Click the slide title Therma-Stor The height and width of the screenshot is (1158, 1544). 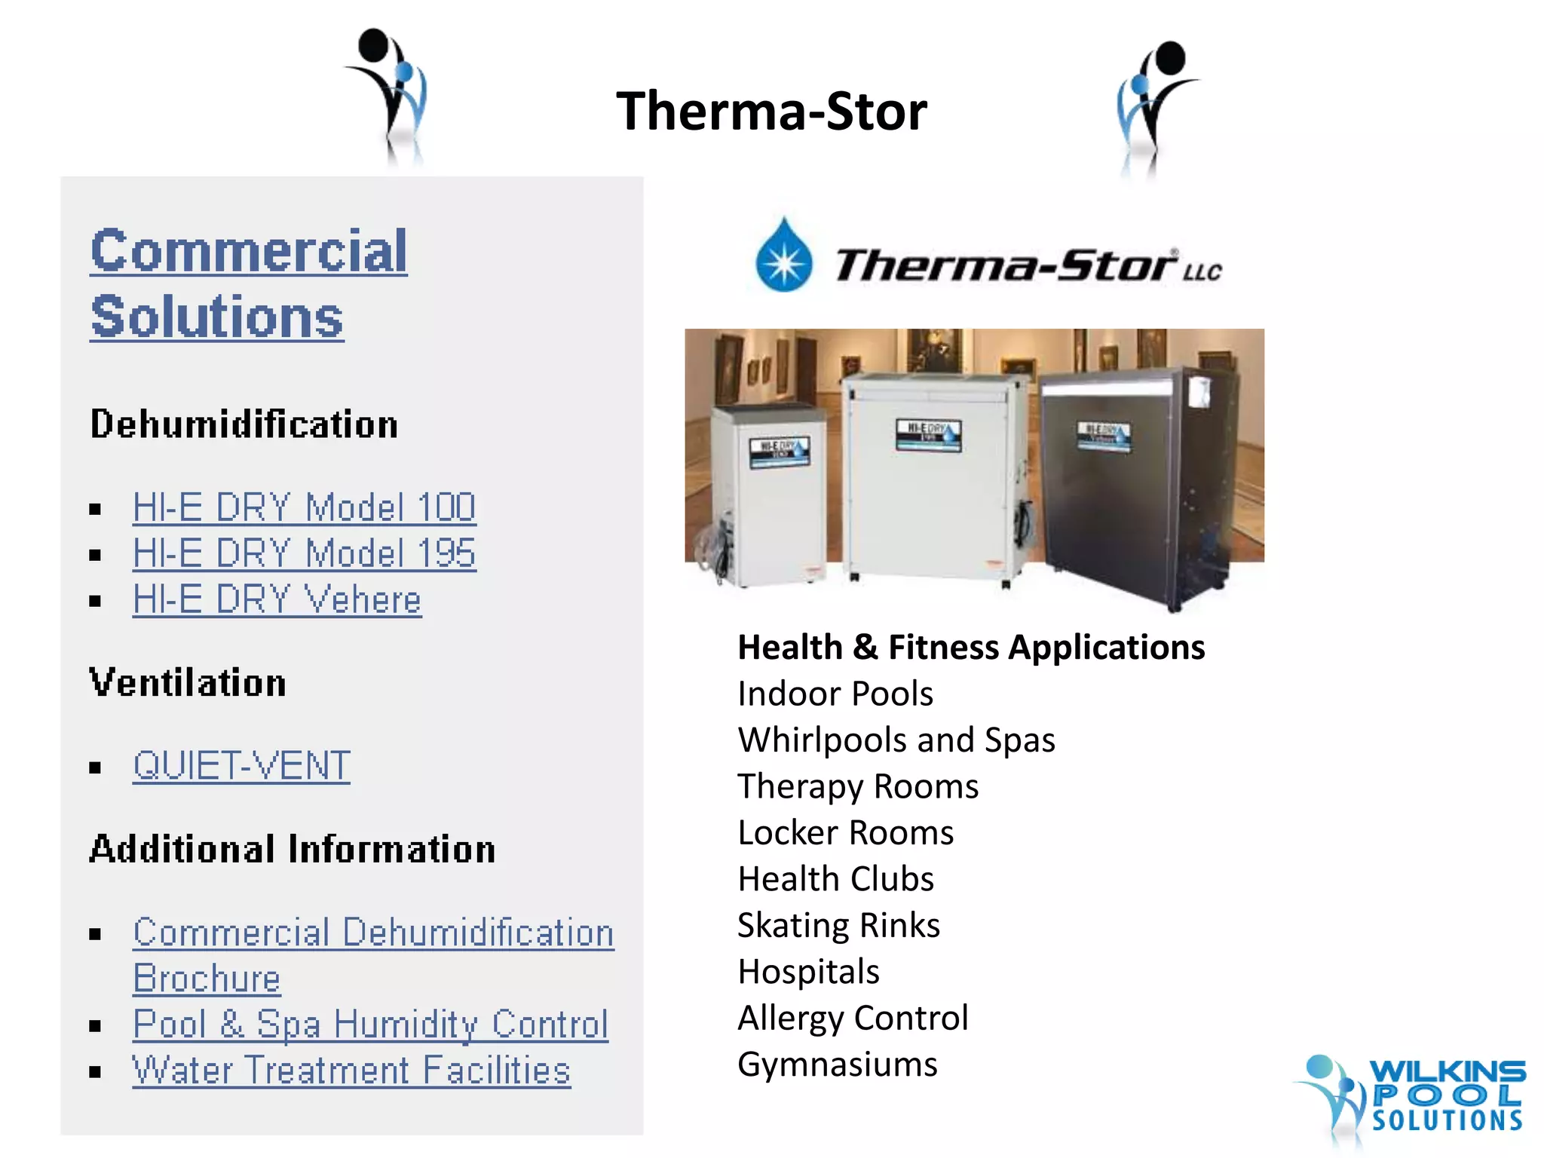[x=771, y=112]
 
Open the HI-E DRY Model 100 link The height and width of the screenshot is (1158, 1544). [x=304, y=507]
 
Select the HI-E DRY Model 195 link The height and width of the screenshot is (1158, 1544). [x=304, y=553]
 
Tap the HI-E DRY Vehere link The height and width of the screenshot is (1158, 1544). [x=277, y=600]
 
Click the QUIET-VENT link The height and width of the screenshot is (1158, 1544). [x=241, y=766]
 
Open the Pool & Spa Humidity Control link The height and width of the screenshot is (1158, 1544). [x=370, y=1025]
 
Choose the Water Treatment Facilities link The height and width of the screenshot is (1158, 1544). [x=351, y=1071]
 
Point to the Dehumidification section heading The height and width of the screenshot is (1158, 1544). [x=244, y=424]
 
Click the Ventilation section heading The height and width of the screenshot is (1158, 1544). [x=188, y=683]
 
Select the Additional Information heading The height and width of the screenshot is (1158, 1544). [x=293, y=850]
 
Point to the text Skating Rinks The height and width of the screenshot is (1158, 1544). [x=838, y=926]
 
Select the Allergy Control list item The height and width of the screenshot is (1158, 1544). [x=853, y=1019]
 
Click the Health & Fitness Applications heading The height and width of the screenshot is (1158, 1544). [x=971, y=648]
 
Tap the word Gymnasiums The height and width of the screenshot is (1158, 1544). [x=837, y=1065]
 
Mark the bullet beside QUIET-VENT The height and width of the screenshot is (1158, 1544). [x=95, y=768]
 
